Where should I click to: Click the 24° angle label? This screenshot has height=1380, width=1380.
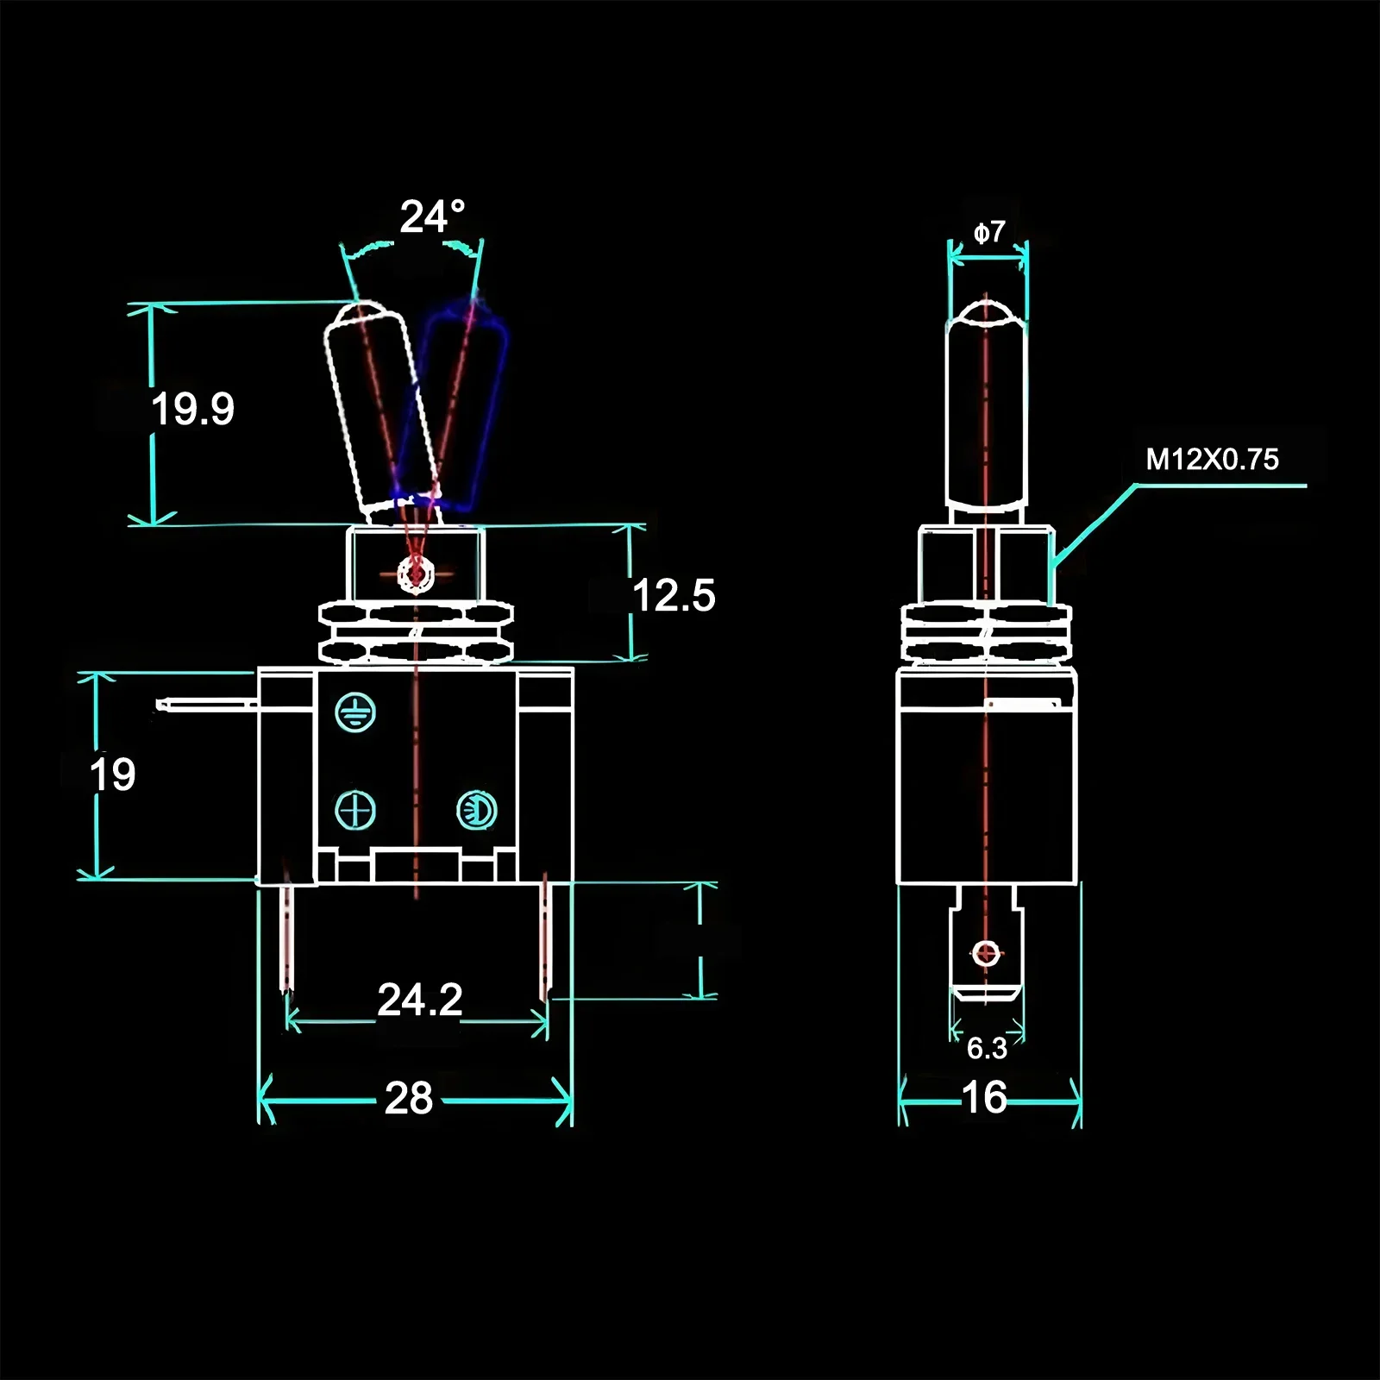click(x=431, y=216)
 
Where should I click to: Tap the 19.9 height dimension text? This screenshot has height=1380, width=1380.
click(x=192, y=409)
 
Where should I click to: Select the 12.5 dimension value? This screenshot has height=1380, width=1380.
click(x=674, y=595)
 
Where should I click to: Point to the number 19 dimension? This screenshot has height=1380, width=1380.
click(x=113, y=775)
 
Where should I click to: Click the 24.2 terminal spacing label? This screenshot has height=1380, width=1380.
click(x=420, y=1000)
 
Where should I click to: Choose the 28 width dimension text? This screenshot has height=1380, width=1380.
click(x=409, y=1099)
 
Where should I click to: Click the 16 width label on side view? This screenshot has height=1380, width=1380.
click(x=984, y=1098)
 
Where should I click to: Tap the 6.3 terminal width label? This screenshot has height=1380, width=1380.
click(x=987, y=1048)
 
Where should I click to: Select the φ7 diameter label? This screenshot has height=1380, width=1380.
click(x=989, y=232)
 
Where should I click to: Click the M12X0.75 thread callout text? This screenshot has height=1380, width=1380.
click(x=1212, y=460)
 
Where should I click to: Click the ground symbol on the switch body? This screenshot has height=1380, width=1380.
click(x=354, y=712)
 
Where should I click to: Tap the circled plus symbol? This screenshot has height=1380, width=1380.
click(x=354, y=811)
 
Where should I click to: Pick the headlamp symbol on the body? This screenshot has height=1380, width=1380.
click(x=476, y=810)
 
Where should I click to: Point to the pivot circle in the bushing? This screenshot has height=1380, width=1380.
click(x=417, y=573)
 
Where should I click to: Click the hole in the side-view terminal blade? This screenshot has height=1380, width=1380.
click(x=986, y=954)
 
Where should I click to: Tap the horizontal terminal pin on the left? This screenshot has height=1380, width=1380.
click(x=207, y=706)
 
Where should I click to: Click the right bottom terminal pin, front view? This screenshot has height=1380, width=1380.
click(x=545, y=940)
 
